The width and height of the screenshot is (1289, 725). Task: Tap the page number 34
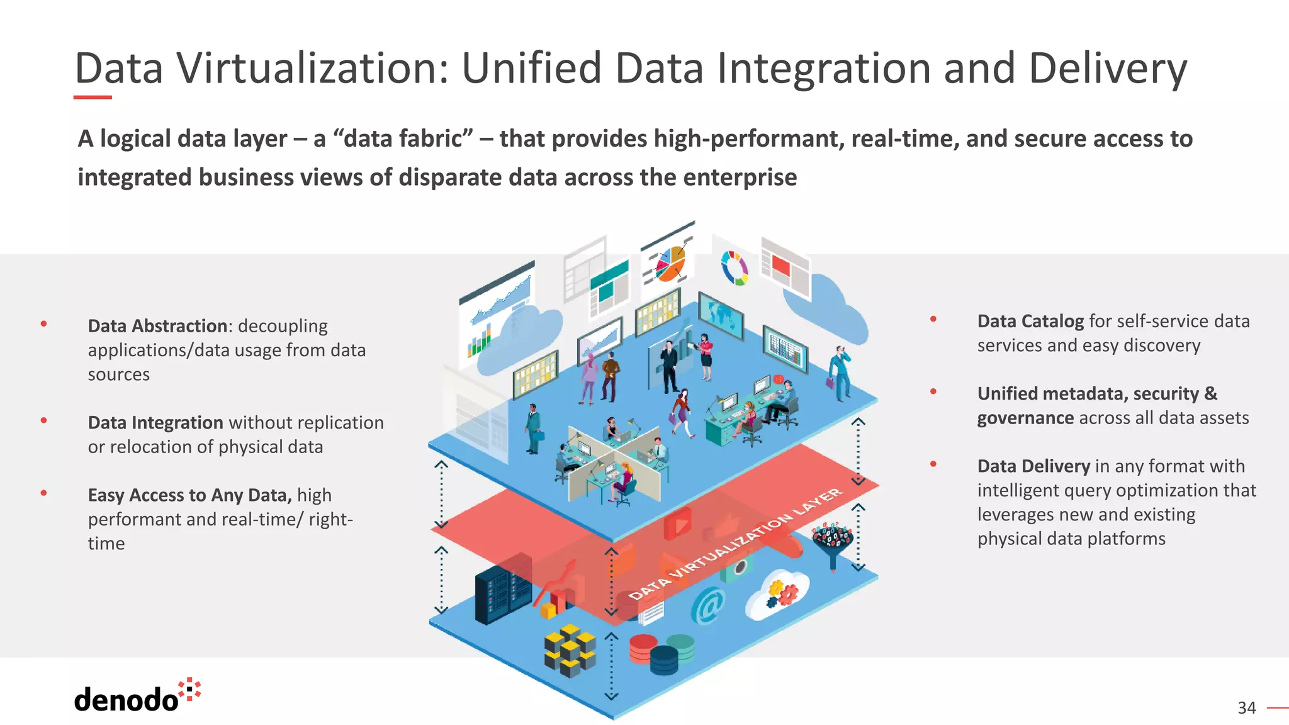tap(1246, 708)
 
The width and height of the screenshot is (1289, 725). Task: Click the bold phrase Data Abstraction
tap(157, 326)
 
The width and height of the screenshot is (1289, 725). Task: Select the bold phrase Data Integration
tap(155, 422)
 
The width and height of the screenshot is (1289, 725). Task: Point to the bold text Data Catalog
tap(1030, 322)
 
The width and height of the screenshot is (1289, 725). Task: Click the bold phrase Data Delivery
tap(1033, 466)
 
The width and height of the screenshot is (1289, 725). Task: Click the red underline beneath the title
tap(93, 98)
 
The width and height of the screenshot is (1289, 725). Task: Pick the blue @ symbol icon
tap(708, 606)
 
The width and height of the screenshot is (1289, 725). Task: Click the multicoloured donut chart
tap(735, 268)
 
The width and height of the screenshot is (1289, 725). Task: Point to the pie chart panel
tap(668, 261)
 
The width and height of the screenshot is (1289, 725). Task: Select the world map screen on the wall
tap(721, 315)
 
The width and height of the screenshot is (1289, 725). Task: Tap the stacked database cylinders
tap(661, 654)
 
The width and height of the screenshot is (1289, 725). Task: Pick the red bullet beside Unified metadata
tap(933, 392)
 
